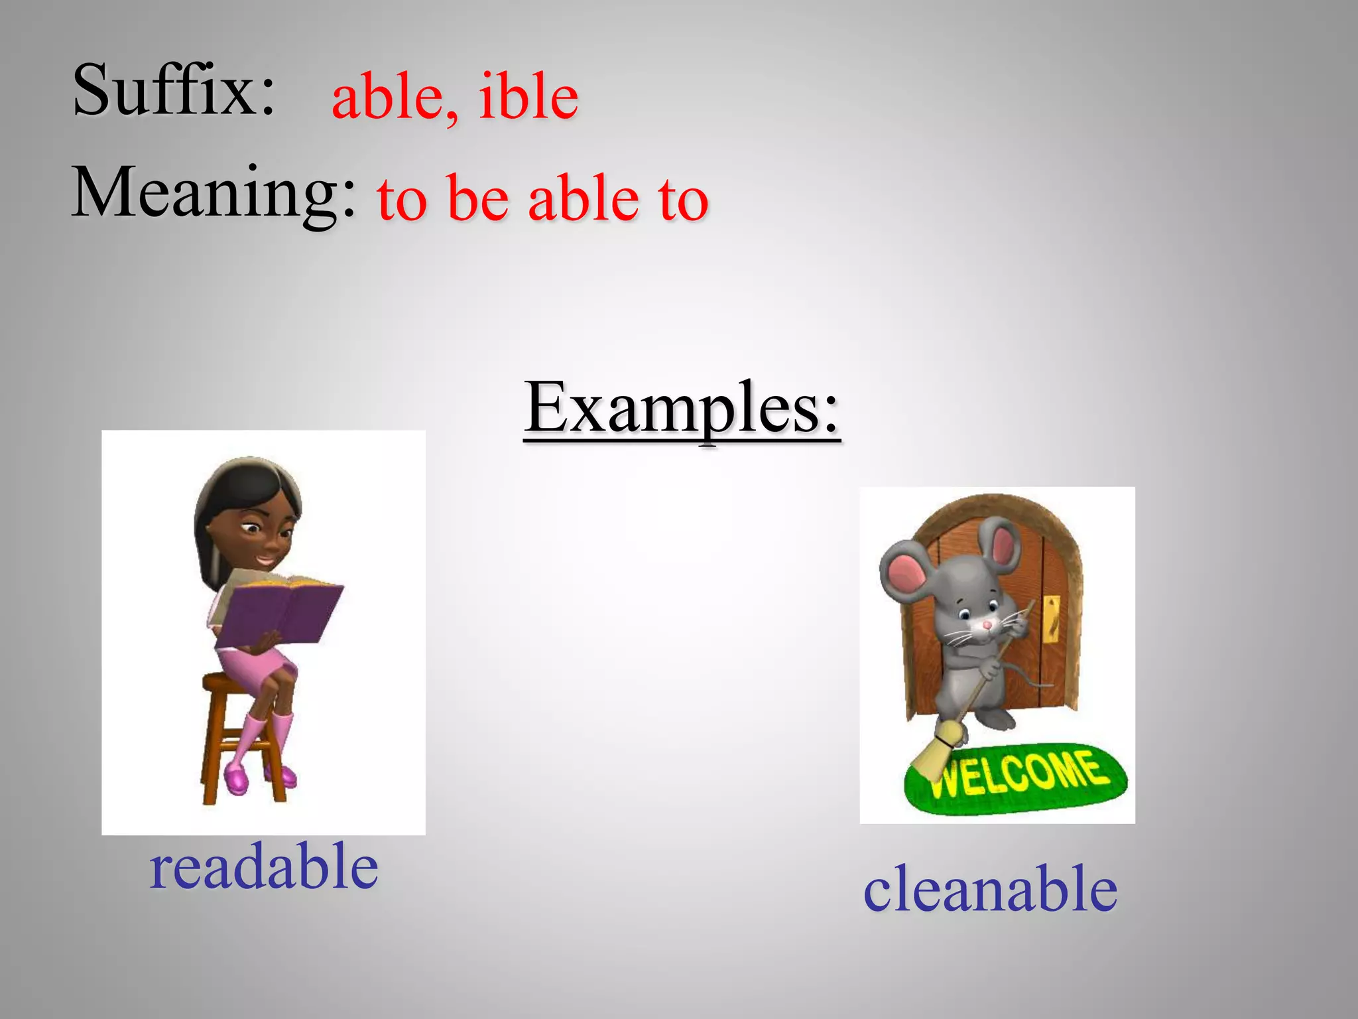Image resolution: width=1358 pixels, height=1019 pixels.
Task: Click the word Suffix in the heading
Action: [174, 90]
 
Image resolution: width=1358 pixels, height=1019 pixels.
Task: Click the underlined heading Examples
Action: [682, 407]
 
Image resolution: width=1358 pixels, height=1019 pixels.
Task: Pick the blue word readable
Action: [264, 866]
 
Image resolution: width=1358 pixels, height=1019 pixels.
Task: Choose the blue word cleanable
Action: [990, 889]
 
